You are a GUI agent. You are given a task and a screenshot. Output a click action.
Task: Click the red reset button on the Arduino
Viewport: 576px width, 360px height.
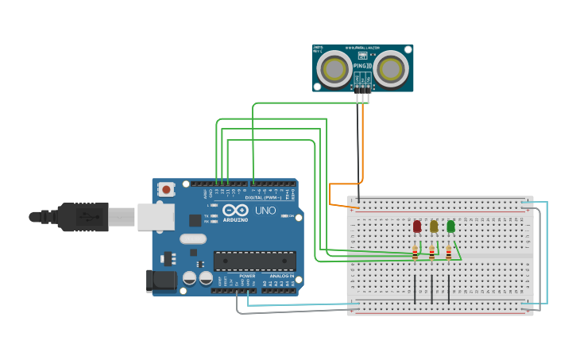pyautogui.click(x=166, y=189)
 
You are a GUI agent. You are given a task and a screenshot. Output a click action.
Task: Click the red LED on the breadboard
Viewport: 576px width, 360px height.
pyautogui.click(x=417, y=226)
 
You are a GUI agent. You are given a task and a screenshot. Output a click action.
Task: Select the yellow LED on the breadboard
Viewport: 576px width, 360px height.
pyautogui.click(x=434, y=226)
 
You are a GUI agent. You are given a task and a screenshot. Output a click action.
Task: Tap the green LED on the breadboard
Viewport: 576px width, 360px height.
pyautogui.click(x=450, y=226)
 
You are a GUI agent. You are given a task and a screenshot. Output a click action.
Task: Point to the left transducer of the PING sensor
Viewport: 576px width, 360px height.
pyautogui.click(x=334, y=70)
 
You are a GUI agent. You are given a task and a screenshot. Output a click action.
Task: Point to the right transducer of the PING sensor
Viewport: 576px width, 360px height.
pyautogui.click(x=391, y=70)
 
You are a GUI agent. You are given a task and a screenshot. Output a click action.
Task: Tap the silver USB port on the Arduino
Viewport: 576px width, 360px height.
pyautogui.click(x=156, y=217)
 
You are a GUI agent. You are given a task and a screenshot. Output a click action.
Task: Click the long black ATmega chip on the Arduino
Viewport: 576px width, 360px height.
pyautogui.click(x=254, y=261)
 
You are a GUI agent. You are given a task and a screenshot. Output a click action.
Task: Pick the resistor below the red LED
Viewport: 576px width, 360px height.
pyautogui.click(x=415, y=254)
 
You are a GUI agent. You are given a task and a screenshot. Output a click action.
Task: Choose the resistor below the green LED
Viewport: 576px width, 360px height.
pyautogui.click(x=449, y=254)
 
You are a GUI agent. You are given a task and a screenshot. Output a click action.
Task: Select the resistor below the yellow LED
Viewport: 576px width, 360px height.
pyautogui.click(x=432, y=254)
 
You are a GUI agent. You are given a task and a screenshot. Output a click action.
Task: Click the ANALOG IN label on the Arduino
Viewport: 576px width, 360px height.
pyautogui.click(x=281, y=276)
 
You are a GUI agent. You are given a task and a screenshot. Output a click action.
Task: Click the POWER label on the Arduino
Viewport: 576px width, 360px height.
pyautogui.click(x=247, y=276)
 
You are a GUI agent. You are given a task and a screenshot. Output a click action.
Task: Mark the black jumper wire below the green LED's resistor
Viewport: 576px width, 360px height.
pyautogui.click(x=449, y=289)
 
